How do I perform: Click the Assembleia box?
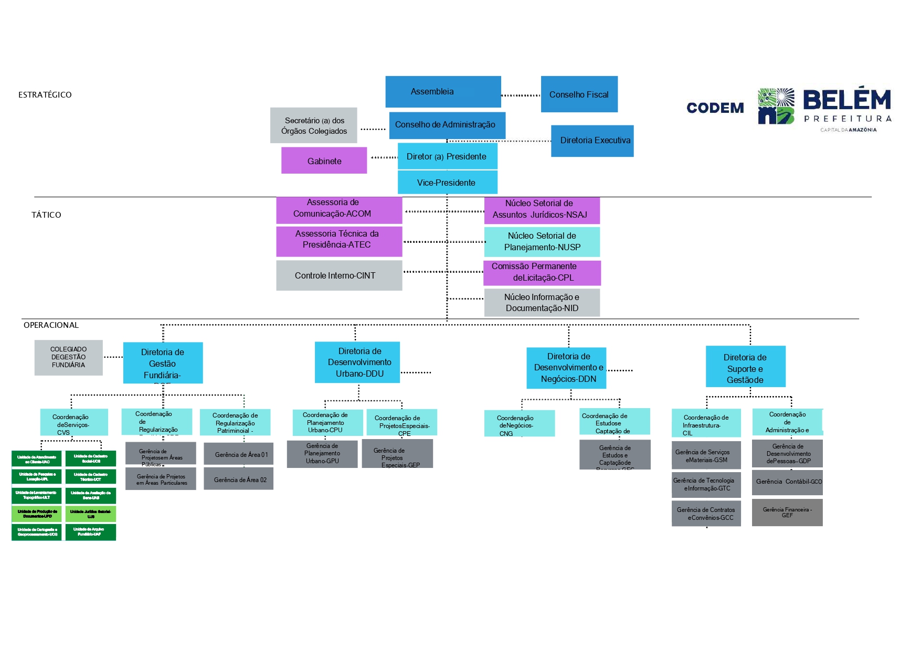click(x=443, y=92)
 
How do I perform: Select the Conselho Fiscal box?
click(x=579, y=94)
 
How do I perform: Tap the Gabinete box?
click(x=324, y=161)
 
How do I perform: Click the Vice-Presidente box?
click(x=447, y=183)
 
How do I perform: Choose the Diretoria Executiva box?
click(x=592, y=141)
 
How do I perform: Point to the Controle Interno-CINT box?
click(x=339, y=275)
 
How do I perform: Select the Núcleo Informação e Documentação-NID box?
click(x=542, y=303)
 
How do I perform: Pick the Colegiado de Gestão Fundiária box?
click(x=68, y=357)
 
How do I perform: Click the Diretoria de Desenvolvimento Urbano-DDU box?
click(x=357, y=362)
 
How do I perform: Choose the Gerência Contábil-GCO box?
click(x=787, y=482)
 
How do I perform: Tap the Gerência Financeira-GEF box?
click(x=787, y=513)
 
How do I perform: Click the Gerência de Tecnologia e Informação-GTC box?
click(x=706, y=484)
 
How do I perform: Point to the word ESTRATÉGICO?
click(x=45, y=95)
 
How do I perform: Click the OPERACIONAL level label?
click(x=51, y=325)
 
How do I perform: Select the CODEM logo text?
click(x=715, y=108)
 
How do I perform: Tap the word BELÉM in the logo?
click(x=846, y=100)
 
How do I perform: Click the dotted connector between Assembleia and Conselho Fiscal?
click(x=521, y=95)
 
